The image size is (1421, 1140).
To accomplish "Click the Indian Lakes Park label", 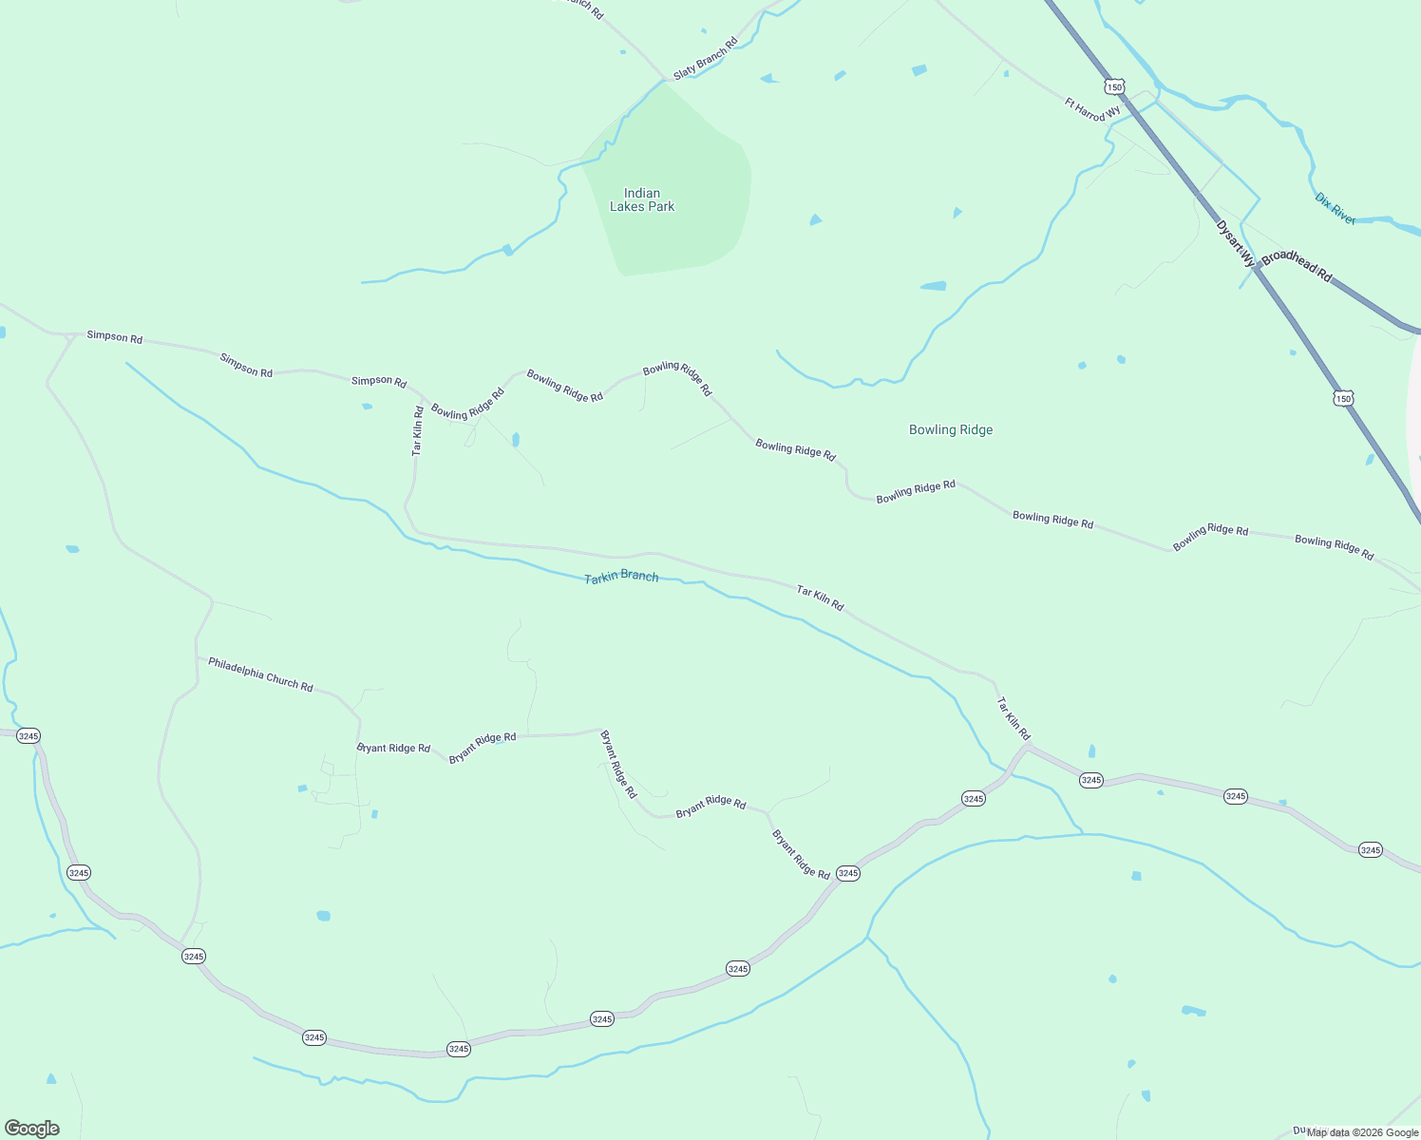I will [642, 200].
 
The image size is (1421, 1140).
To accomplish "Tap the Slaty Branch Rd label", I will [705, 59].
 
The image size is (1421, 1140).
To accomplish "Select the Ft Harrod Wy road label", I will [1092, 109].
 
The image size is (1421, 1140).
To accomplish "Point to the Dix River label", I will [1335, 209].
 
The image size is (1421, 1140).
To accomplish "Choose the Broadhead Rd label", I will [1298, 266].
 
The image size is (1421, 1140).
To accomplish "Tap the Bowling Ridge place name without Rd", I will [951, 429].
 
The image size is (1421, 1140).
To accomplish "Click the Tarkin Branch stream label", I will [621, 577].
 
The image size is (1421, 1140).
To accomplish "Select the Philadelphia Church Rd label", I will [260, 674].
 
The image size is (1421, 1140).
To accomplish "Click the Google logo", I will [32, 1129].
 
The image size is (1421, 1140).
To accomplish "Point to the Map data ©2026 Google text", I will [1362, 1132].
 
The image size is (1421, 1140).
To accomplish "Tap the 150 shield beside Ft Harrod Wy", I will [1114, 86].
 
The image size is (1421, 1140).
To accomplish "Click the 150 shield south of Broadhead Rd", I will [1342, 399].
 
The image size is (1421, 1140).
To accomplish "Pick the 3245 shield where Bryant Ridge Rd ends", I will [848, 873].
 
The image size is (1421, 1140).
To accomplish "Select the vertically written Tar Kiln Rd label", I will [418, 431].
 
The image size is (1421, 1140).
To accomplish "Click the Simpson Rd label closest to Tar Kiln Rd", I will [379, 381].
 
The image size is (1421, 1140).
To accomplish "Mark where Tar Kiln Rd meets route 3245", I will [1028, 746].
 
